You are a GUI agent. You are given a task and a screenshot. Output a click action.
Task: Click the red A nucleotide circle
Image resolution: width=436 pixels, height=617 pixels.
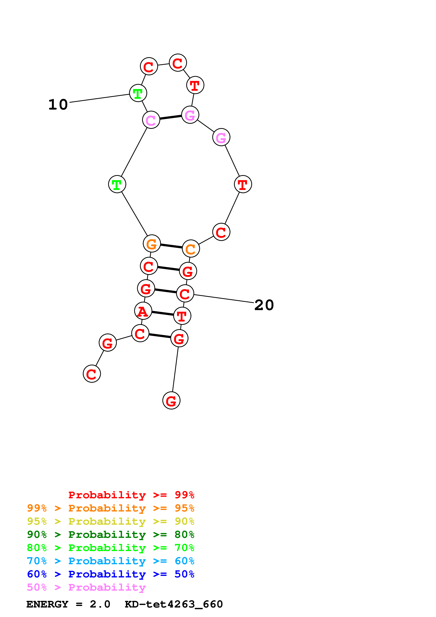pos(143,311)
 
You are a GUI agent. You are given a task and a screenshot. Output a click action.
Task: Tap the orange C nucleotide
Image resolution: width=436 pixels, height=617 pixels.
pos(191,249)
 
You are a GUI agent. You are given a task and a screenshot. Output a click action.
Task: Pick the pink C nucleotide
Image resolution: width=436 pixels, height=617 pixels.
pos(151,120)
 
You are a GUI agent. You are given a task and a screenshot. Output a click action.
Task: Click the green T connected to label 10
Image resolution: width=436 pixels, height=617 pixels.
pos(138,93)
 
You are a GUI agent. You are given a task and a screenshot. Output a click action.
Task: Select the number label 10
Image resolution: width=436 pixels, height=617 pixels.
pos(58,104)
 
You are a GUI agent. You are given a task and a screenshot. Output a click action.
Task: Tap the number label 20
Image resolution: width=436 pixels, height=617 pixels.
pos(264,305)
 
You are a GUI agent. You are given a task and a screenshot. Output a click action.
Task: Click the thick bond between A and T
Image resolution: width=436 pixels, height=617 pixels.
pos(163,313)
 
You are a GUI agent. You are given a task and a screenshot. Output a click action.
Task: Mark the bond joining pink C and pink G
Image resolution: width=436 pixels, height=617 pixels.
pos(171,117)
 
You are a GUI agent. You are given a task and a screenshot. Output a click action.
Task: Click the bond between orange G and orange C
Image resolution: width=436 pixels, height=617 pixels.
pos(171,246)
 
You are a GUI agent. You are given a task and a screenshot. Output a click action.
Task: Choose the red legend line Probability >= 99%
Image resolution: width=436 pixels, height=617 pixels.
pos(131,495)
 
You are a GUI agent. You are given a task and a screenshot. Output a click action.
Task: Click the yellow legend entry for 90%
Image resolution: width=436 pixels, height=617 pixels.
pos(110,521)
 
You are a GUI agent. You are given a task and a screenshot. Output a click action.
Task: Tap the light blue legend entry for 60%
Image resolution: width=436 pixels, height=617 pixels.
pos(110,561)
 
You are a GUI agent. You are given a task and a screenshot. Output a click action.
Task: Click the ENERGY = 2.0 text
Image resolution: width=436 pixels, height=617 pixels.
pos(68,604)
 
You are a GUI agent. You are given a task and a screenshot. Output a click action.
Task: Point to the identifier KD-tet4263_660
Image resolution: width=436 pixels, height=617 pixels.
pos(174,604)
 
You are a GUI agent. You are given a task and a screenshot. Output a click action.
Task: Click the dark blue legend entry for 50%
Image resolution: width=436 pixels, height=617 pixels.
pos(110,574)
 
